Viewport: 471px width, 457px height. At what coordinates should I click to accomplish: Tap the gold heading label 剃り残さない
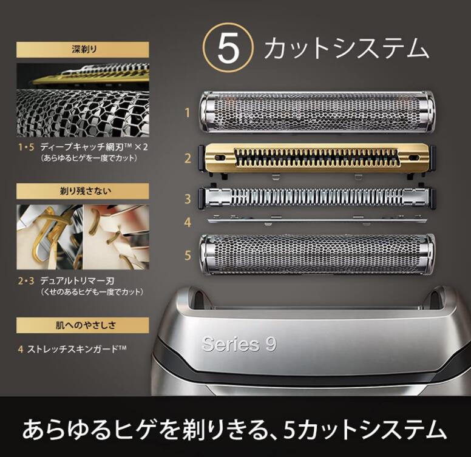point(83,191)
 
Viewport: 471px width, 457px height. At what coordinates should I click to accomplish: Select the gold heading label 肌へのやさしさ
point(83,324)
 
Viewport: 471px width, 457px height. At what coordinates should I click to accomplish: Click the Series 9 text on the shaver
point(239,344)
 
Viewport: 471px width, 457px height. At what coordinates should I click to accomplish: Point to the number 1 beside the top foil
point(188,112)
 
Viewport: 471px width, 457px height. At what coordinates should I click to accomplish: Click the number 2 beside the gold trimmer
point(188,158)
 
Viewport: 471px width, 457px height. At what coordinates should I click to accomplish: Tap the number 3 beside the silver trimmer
point(188,198)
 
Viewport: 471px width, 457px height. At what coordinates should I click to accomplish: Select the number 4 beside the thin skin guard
point(188,223)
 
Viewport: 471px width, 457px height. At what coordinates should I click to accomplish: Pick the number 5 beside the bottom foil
point(188,256)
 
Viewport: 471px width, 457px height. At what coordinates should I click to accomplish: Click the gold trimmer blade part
point(318,158)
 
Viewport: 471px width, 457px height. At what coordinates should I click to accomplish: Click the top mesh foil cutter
point(318,112)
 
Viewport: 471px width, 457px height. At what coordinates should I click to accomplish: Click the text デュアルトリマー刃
point(78,281)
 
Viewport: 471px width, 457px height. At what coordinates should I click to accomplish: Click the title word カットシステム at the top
point(346,49)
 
